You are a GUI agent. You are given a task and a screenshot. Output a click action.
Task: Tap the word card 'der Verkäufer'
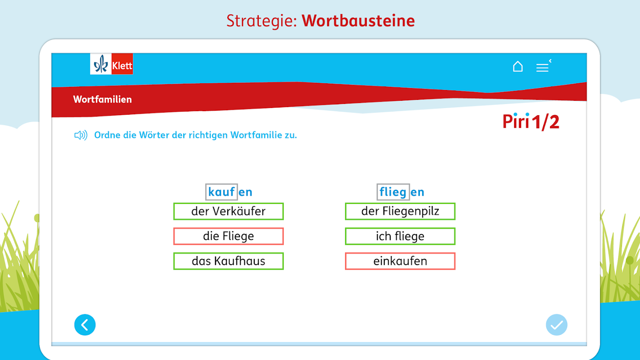point(228,211)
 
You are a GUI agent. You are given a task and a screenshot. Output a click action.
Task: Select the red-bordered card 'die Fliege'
point(228,236)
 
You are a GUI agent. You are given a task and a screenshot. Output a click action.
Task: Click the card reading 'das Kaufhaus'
point(228,261)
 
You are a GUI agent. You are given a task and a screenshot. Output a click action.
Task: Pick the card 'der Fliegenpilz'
point(400,211)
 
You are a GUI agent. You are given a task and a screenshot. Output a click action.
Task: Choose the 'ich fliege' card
point(400,236)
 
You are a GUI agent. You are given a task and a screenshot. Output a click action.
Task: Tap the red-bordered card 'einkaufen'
point(400,261)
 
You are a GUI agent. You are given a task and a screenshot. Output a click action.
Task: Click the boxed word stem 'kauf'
point(221,192)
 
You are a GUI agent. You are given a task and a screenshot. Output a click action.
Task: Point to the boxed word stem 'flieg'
point(393,192)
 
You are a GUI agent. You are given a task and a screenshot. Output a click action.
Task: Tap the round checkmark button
point(556,325)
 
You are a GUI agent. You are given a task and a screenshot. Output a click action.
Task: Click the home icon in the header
point(518,66)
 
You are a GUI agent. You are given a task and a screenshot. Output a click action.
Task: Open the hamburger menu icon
point(543,66)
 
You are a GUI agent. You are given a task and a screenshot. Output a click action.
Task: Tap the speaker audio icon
point(81,135)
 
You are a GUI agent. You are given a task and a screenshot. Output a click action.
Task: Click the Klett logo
point(112,64)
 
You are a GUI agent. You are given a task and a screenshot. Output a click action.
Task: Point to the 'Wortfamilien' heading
point(102,99)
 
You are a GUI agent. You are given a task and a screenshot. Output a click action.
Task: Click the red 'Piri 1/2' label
point(531,121)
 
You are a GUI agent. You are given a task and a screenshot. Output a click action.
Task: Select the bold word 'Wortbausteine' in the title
point(358,21)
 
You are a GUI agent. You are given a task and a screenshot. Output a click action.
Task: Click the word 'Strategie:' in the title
point(261,21)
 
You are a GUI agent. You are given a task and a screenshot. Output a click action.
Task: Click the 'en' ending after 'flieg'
point(417,192)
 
